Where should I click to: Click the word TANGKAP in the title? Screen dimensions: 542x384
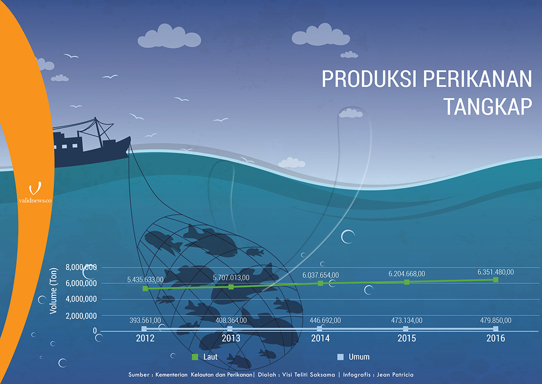point(488,107)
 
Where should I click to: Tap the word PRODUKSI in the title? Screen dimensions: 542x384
point(369,78)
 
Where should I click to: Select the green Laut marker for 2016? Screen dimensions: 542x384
point(496,280)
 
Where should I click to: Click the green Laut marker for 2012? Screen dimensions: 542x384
point(145,288)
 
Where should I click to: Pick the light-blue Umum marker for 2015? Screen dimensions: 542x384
point(406,328)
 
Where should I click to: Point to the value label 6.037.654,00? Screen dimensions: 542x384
point(321,275)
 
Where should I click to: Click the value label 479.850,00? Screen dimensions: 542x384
point(496,321)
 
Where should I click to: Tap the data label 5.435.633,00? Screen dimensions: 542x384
point(145,280)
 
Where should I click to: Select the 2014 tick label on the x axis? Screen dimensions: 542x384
point(321,338)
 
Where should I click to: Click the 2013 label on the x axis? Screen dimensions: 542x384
point(231,338)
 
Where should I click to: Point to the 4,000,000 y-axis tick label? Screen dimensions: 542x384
point(81,299)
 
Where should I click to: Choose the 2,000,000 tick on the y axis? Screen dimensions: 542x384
point(81,316)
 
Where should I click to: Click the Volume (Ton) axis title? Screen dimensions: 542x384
point(53,291)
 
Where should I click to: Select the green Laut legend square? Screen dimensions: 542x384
point(195,357)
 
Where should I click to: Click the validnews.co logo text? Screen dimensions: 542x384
point(35,201)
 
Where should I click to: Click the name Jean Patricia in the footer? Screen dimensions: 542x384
point(395,375)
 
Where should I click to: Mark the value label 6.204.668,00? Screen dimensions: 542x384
point(407,274)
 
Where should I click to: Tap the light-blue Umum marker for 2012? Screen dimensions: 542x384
point(144,328)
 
